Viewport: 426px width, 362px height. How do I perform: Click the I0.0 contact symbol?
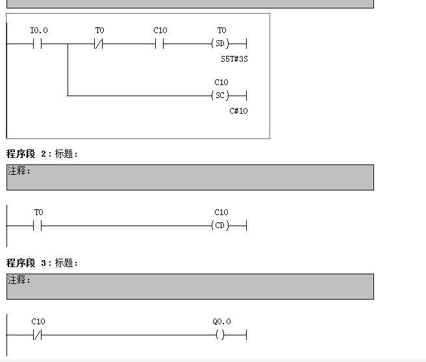37,44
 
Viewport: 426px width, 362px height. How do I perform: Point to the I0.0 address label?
39,31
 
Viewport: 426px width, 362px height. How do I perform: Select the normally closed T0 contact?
99,44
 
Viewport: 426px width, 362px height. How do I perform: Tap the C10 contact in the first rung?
159,44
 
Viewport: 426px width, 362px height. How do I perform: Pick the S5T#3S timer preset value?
234,59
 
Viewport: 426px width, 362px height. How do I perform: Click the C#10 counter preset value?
238,111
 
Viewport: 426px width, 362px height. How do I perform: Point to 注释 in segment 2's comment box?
19,171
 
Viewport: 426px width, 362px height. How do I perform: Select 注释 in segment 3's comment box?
19,280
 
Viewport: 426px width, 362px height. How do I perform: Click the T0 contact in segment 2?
37,226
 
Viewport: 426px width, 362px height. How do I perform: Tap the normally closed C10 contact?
37,335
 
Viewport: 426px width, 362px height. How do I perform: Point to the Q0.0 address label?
221,322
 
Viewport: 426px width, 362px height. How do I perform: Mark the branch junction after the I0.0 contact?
68,44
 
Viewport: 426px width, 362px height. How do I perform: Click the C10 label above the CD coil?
221,213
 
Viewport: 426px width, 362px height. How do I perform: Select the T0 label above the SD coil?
221,31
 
